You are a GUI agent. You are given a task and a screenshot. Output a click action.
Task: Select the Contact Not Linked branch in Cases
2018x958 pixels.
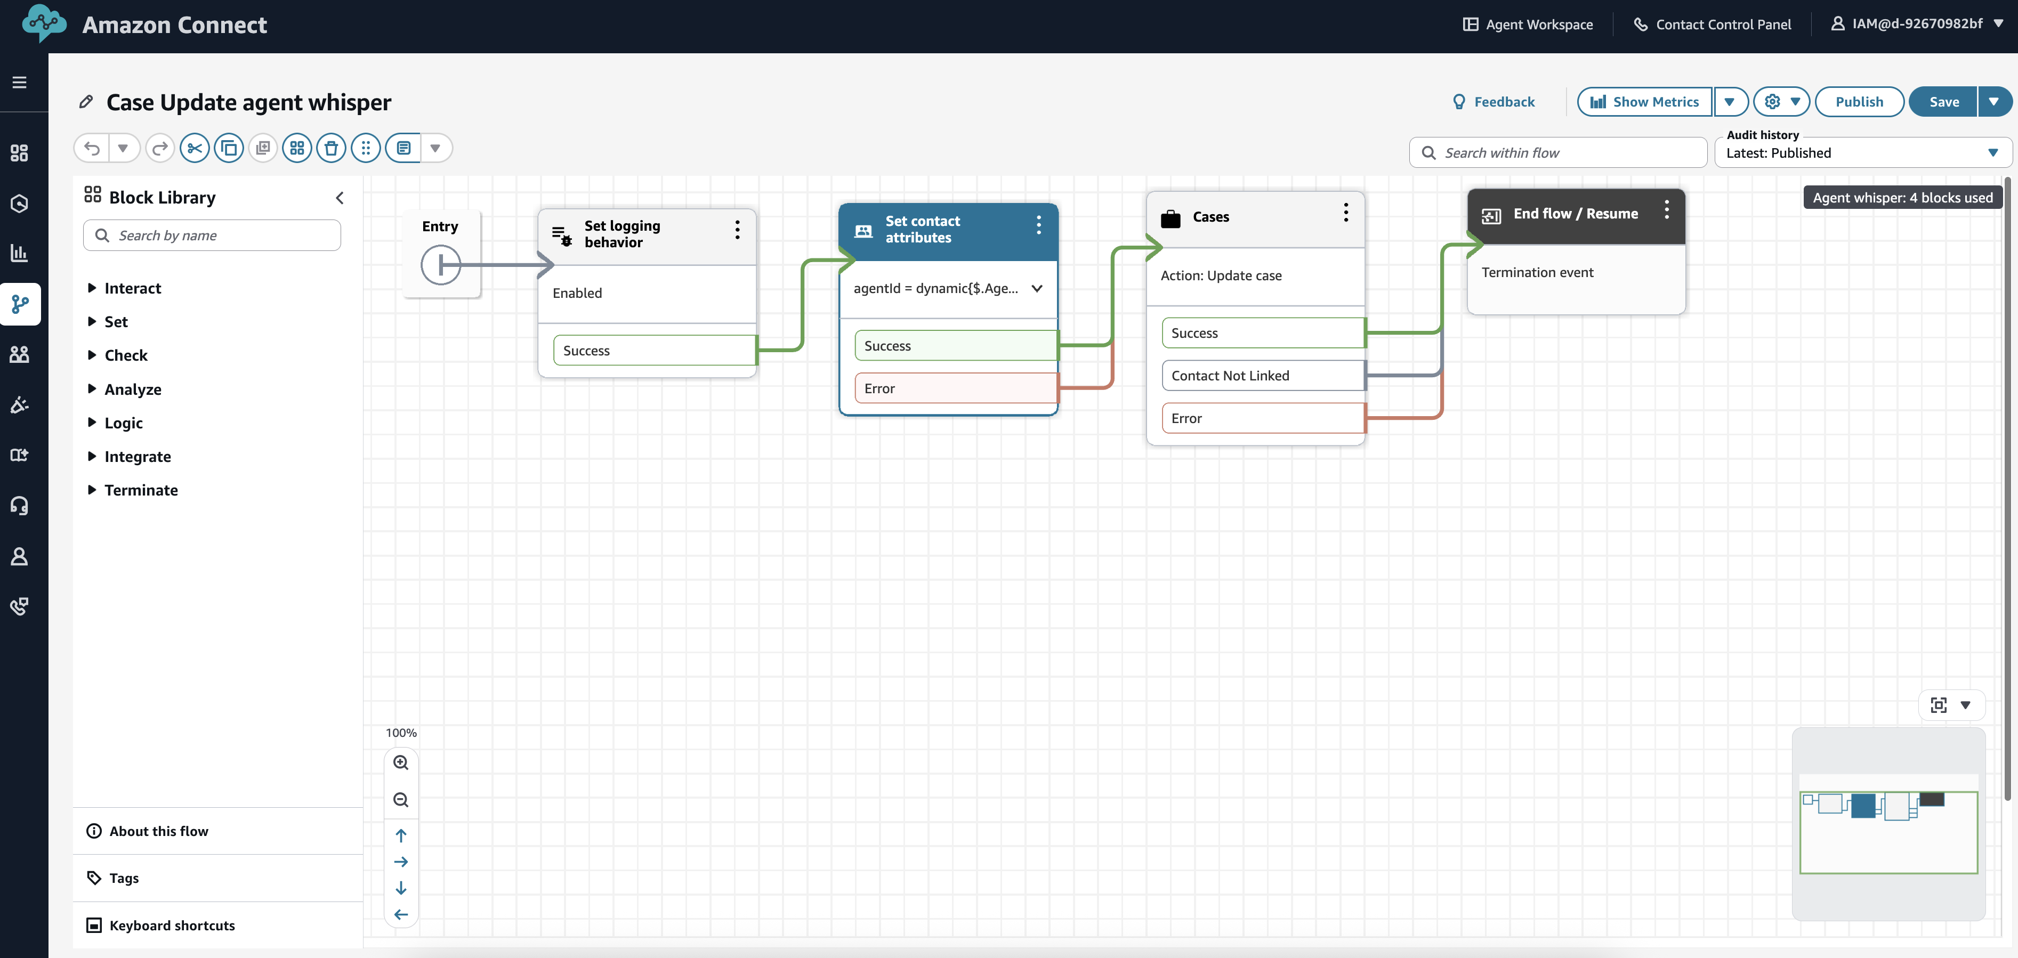[x=1261, y=376]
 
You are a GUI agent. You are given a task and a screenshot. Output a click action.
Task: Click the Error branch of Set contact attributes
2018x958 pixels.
[x=954, y=388]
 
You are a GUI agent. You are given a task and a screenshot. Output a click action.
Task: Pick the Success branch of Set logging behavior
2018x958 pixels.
[x=652, y=351]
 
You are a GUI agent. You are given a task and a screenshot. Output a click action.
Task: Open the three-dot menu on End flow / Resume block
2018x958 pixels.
[x=1666, y=210]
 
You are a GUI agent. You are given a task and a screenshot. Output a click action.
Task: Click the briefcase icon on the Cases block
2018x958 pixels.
[x=1171, y=218]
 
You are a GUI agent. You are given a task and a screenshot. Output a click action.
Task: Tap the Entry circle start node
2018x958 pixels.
[x=440, y=265]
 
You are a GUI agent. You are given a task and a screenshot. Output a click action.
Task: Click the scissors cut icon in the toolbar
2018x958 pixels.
[x=194, y=148]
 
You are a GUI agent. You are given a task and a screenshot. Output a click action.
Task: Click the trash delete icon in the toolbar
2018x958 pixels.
[x=332, y=148]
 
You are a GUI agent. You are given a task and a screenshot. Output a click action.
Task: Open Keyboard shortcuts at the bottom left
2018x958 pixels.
[x=172, y=925]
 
